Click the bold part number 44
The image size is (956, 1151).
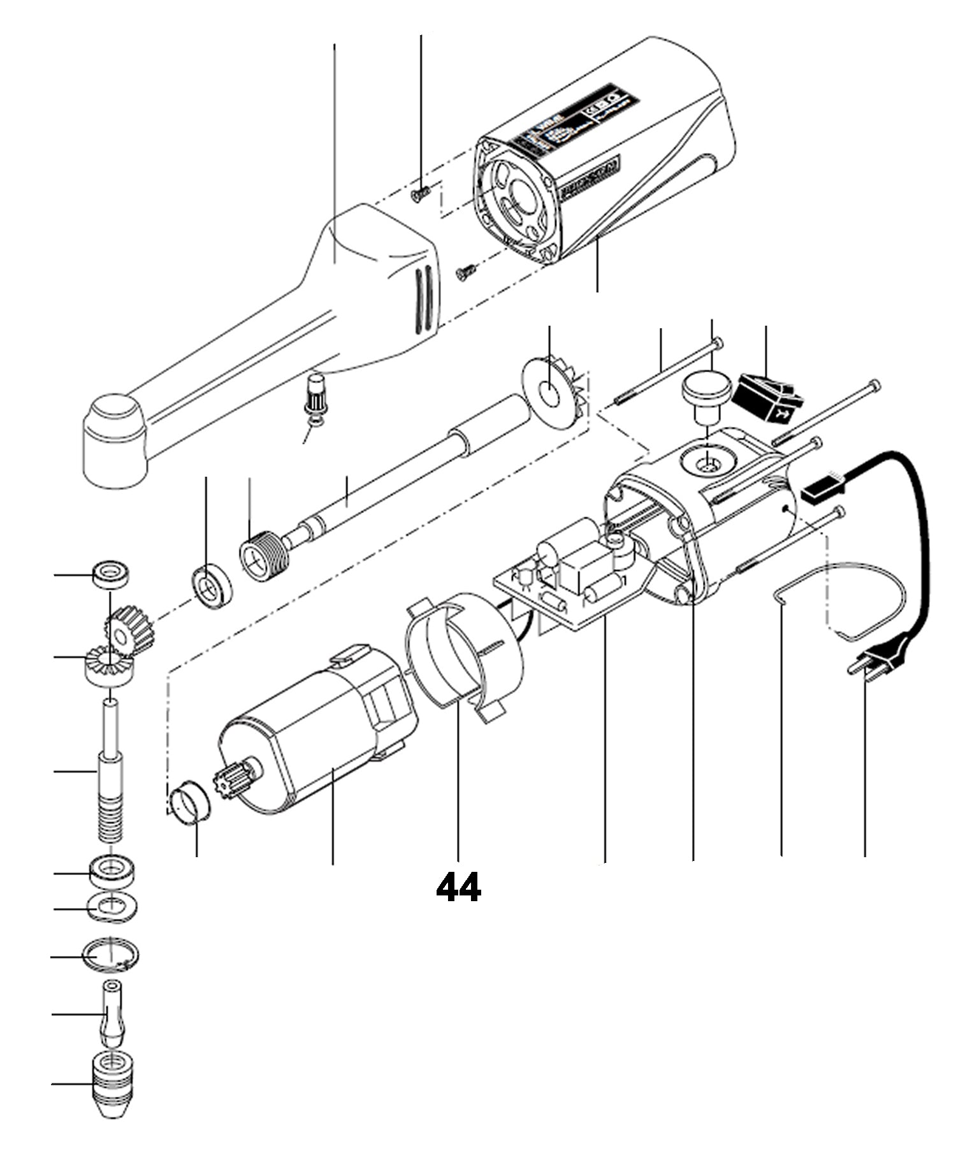[x=458, y=887]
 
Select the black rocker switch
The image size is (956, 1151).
[x=767, y=398]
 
